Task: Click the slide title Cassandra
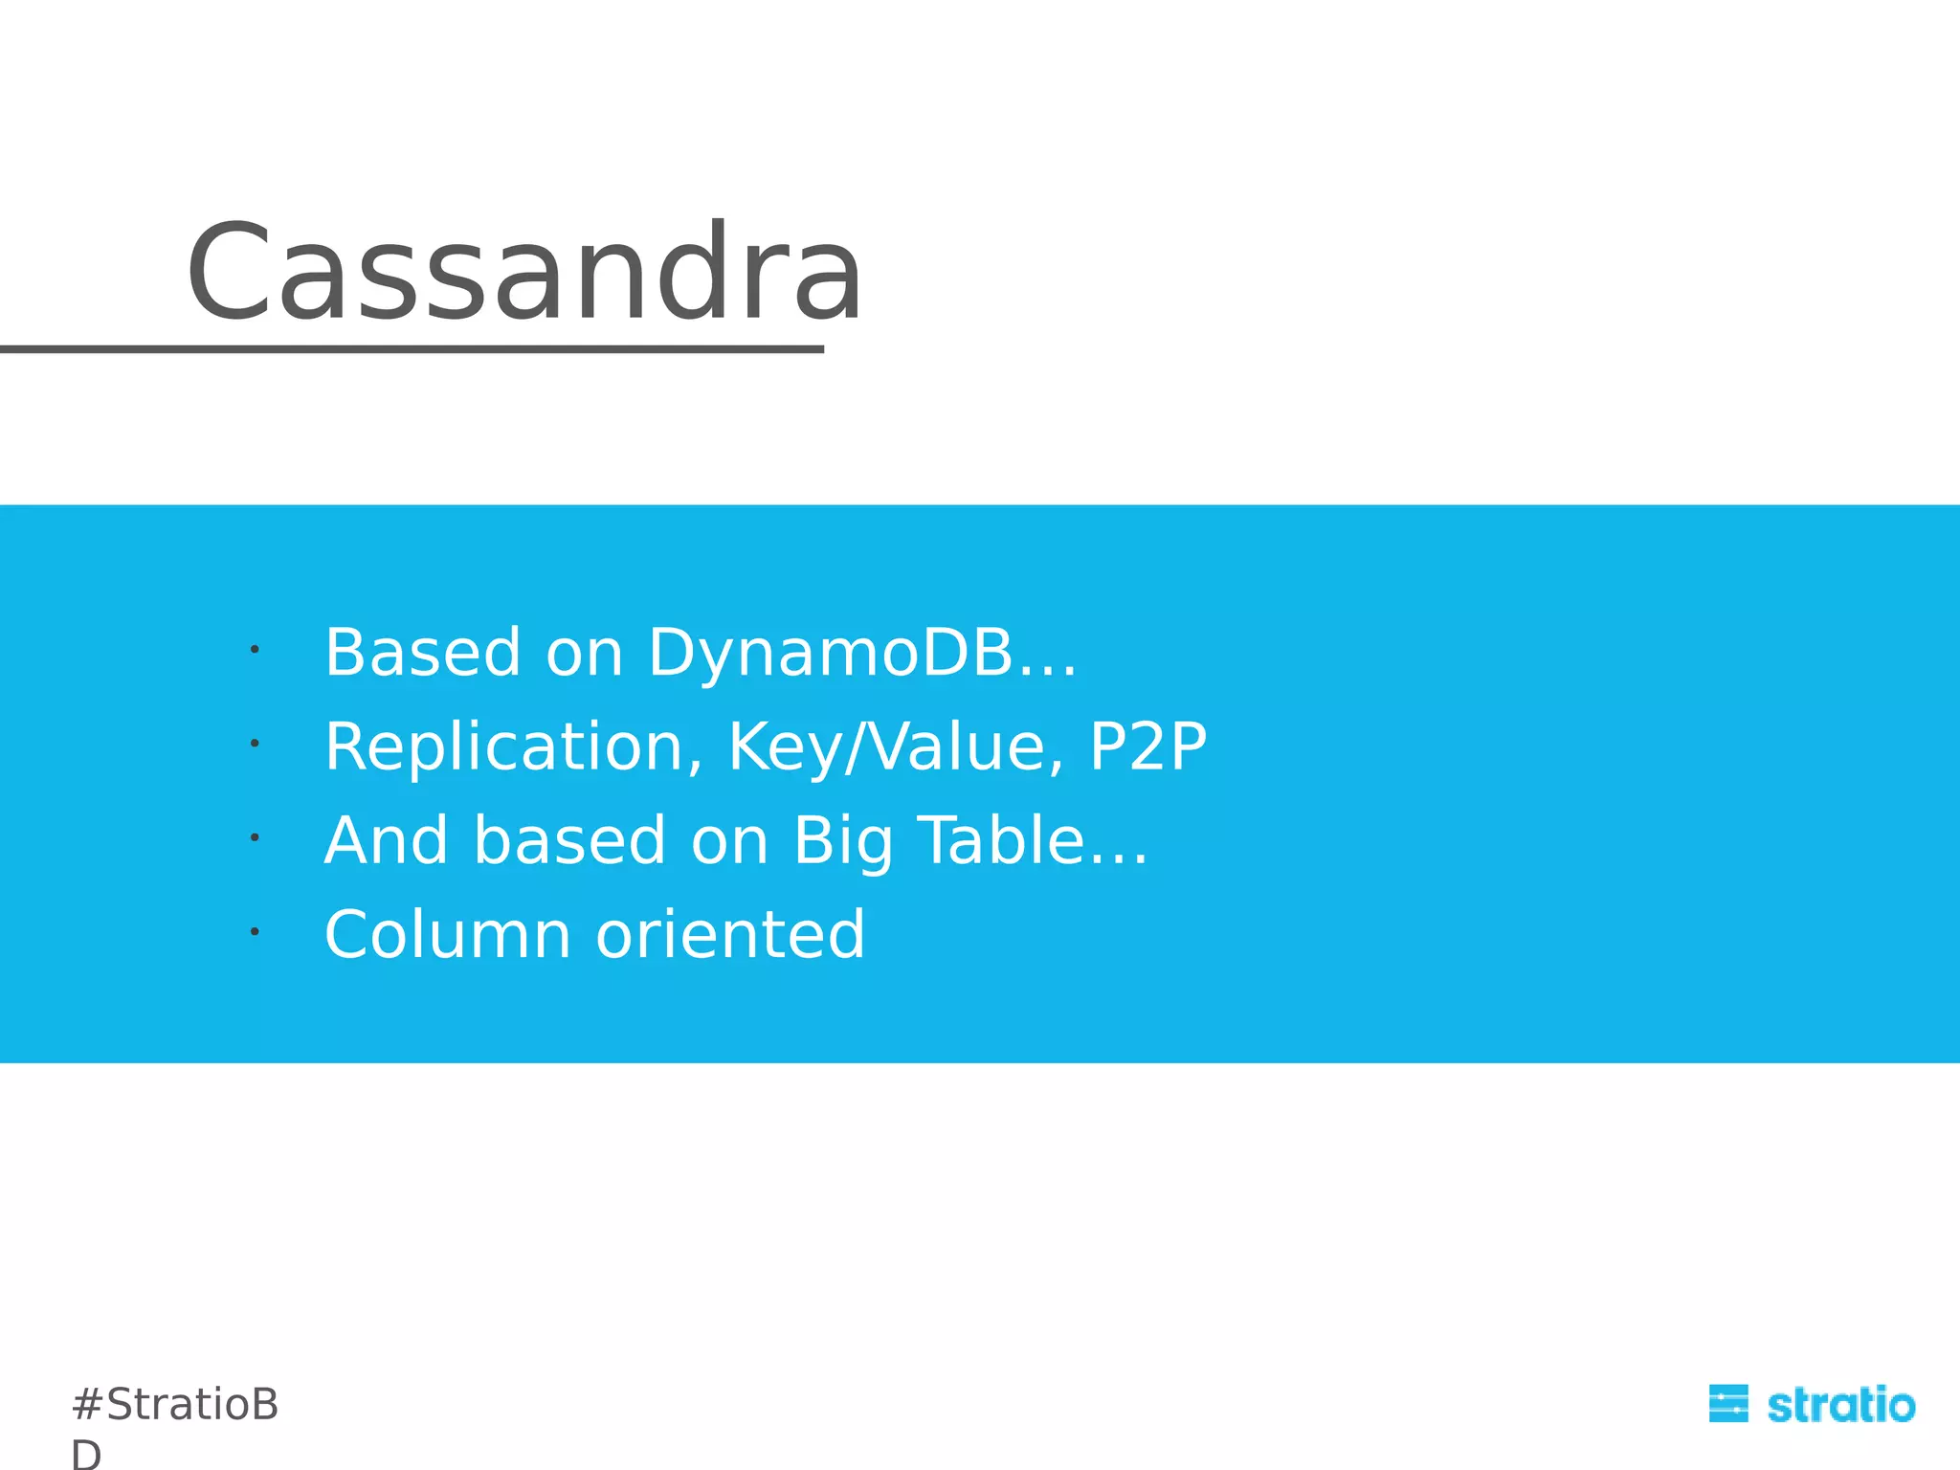tap(524, 274)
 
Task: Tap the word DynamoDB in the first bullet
tap(831, 653)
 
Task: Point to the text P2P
tap(1148, 746)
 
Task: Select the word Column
tap(448, 935)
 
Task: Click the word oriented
tap(730, 935)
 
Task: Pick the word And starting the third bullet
tap(387, 840)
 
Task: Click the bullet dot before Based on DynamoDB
tap(255, 650)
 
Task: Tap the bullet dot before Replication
tap(255, 744)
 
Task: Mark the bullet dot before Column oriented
tap(255, 931)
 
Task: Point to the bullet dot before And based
tap(255, 837)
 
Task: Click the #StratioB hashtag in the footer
tap(175, 1405)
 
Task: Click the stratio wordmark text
tap(1840, 1406)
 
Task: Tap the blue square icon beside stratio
tap(1728, 1404)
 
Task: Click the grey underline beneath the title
tap(412, 350)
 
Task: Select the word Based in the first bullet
tap(423, 653)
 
